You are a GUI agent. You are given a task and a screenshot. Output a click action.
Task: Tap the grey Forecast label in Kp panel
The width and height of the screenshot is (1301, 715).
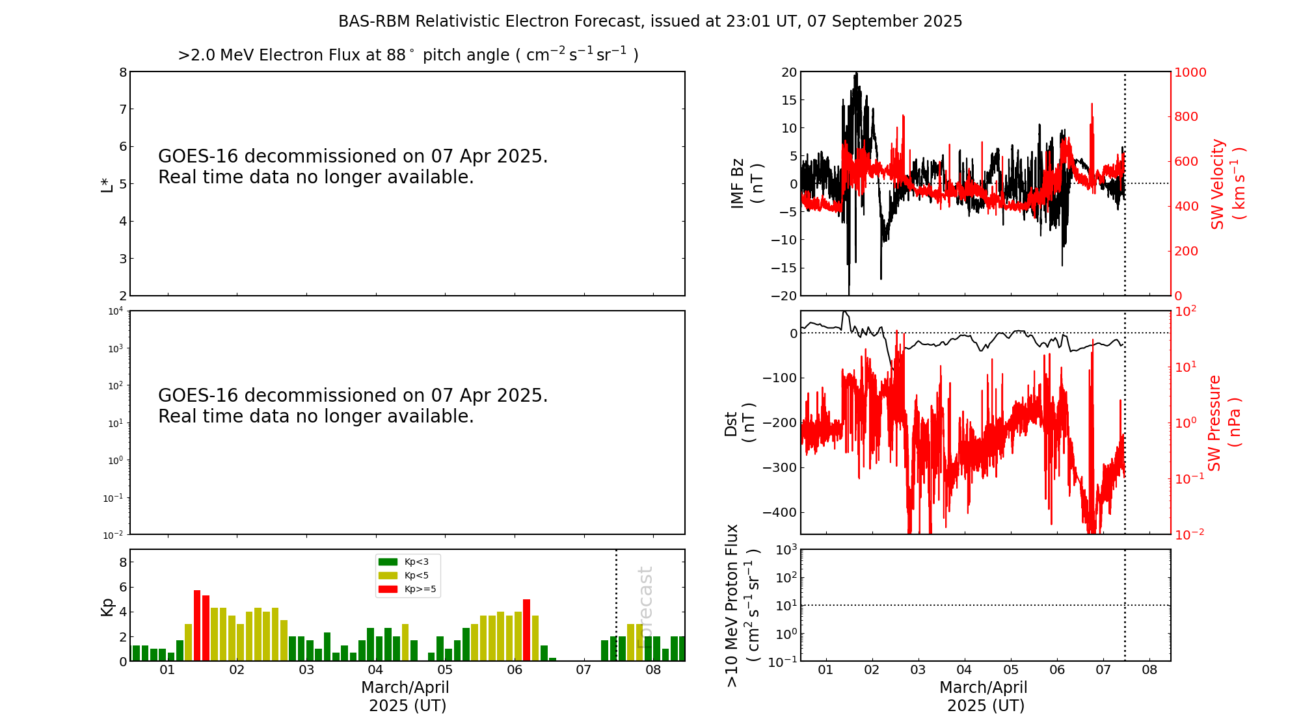(645, 607)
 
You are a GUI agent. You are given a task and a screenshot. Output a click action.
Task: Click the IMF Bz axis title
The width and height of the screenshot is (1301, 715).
(747, 184)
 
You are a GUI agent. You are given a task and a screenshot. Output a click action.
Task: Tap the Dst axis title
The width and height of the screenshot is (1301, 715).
(740, 423)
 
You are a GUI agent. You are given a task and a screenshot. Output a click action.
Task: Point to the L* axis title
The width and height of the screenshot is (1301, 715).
(107, 184)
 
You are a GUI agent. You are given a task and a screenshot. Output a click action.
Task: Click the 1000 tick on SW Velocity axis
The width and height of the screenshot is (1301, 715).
(1190, 72)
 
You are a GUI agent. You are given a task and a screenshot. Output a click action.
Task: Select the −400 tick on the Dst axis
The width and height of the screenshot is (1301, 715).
(780, 512)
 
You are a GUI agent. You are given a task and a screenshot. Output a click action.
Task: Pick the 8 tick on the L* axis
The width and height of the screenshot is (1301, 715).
(123, 72)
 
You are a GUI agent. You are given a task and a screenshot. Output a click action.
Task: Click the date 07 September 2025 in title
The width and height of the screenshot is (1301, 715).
(885, 21)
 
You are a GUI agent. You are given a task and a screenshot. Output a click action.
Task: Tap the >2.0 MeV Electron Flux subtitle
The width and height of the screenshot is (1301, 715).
(408, 55)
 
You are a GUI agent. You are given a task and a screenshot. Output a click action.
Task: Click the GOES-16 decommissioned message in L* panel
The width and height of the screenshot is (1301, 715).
(353, 166)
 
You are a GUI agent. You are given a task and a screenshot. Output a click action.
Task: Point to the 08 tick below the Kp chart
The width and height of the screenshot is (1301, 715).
(653, 670)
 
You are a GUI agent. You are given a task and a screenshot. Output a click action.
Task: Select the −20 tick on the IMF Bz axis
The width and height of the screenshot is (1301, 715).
(783, 296)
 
